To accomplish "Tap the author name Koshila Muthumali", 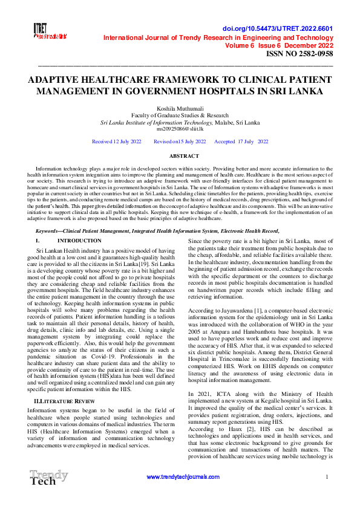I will [x=180, y=108].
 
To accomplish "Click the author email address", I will [x=180, y=129].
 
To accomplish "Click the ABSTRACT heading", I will [x=180, y=155].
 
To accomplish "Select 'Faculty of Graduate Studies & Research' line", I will [x=180, y=114].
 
